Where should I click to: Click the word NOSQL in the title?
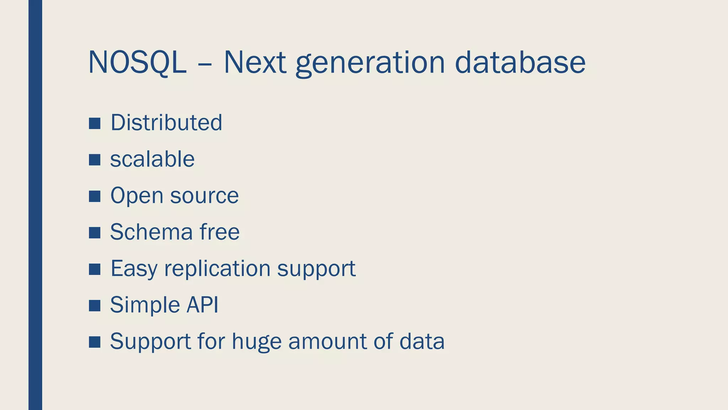[x=137, y=63]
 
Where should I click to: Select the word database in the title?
[x=520, y=63]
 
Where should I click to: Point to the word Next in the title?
[x=255, y=63]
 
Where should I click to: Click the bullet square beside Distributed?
[x=95, y=123]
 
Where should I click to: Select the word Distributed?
[x=166, y=122]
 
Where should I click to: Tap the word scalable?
[x=152, y=159]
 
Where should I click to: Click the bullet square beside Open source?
[x=95, y=196]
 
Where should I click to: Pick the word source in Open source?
[x=204, y=196]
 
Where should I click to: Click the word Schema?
[x=151, y=232]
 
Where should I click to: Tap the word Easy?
[x=134, y=269]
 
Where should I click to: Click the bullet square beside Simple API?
[x=95, y=306]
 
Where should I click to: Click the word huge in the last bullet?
[x=256, y=342]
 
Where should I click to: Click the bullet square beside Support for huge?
[x=95, y=342]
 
